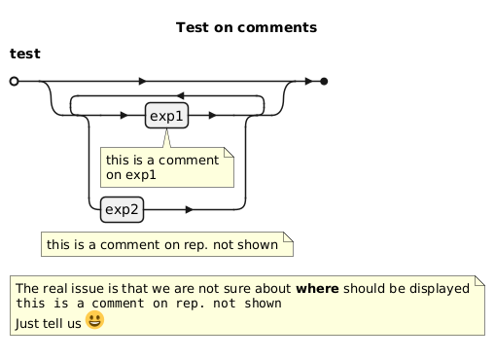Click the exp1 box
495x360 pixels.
(166, 116)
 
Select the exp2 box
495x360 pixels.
(122, 209)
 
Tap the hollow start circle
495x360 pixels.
(14, 81)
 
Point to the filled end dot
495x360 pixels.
(324, 82)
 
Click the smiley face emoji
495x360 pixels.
(94, 320)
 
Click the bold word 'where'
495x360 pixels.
(317, 288)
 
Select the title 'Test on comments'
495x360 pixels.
(246, 27)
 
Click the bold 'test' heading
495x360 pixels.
(25, 54)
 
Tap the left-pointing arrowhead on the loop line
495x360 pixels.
(180, 95)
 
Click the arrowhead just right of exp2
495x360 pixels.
(190, 210)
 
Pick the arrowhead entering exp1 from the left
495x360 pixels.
(124, 115)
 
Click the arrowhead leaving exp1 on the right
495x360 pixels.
(213, 115)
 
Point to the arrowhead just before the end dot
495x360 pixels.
(309, 82)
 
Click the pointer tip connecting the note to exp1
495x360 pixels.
(166, 129)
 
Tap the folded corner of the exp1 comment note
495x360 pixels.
(229, 153)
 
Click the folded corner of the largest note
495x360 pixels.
(479, 281)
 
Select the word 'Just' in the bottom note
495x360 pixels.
(27, 323)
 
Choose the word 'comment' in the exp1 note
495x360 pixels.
(189, 161)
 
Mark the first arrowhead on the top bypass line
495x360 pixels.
(143, 81)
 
